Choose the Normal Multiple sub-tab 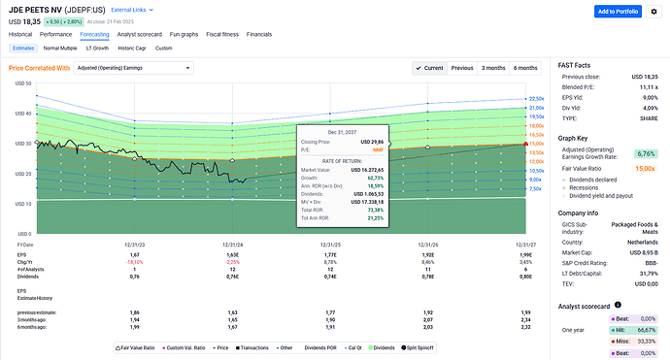60,47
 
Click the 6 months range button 525,68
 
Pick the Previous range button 462,68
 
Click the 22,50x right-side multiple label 535,99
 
